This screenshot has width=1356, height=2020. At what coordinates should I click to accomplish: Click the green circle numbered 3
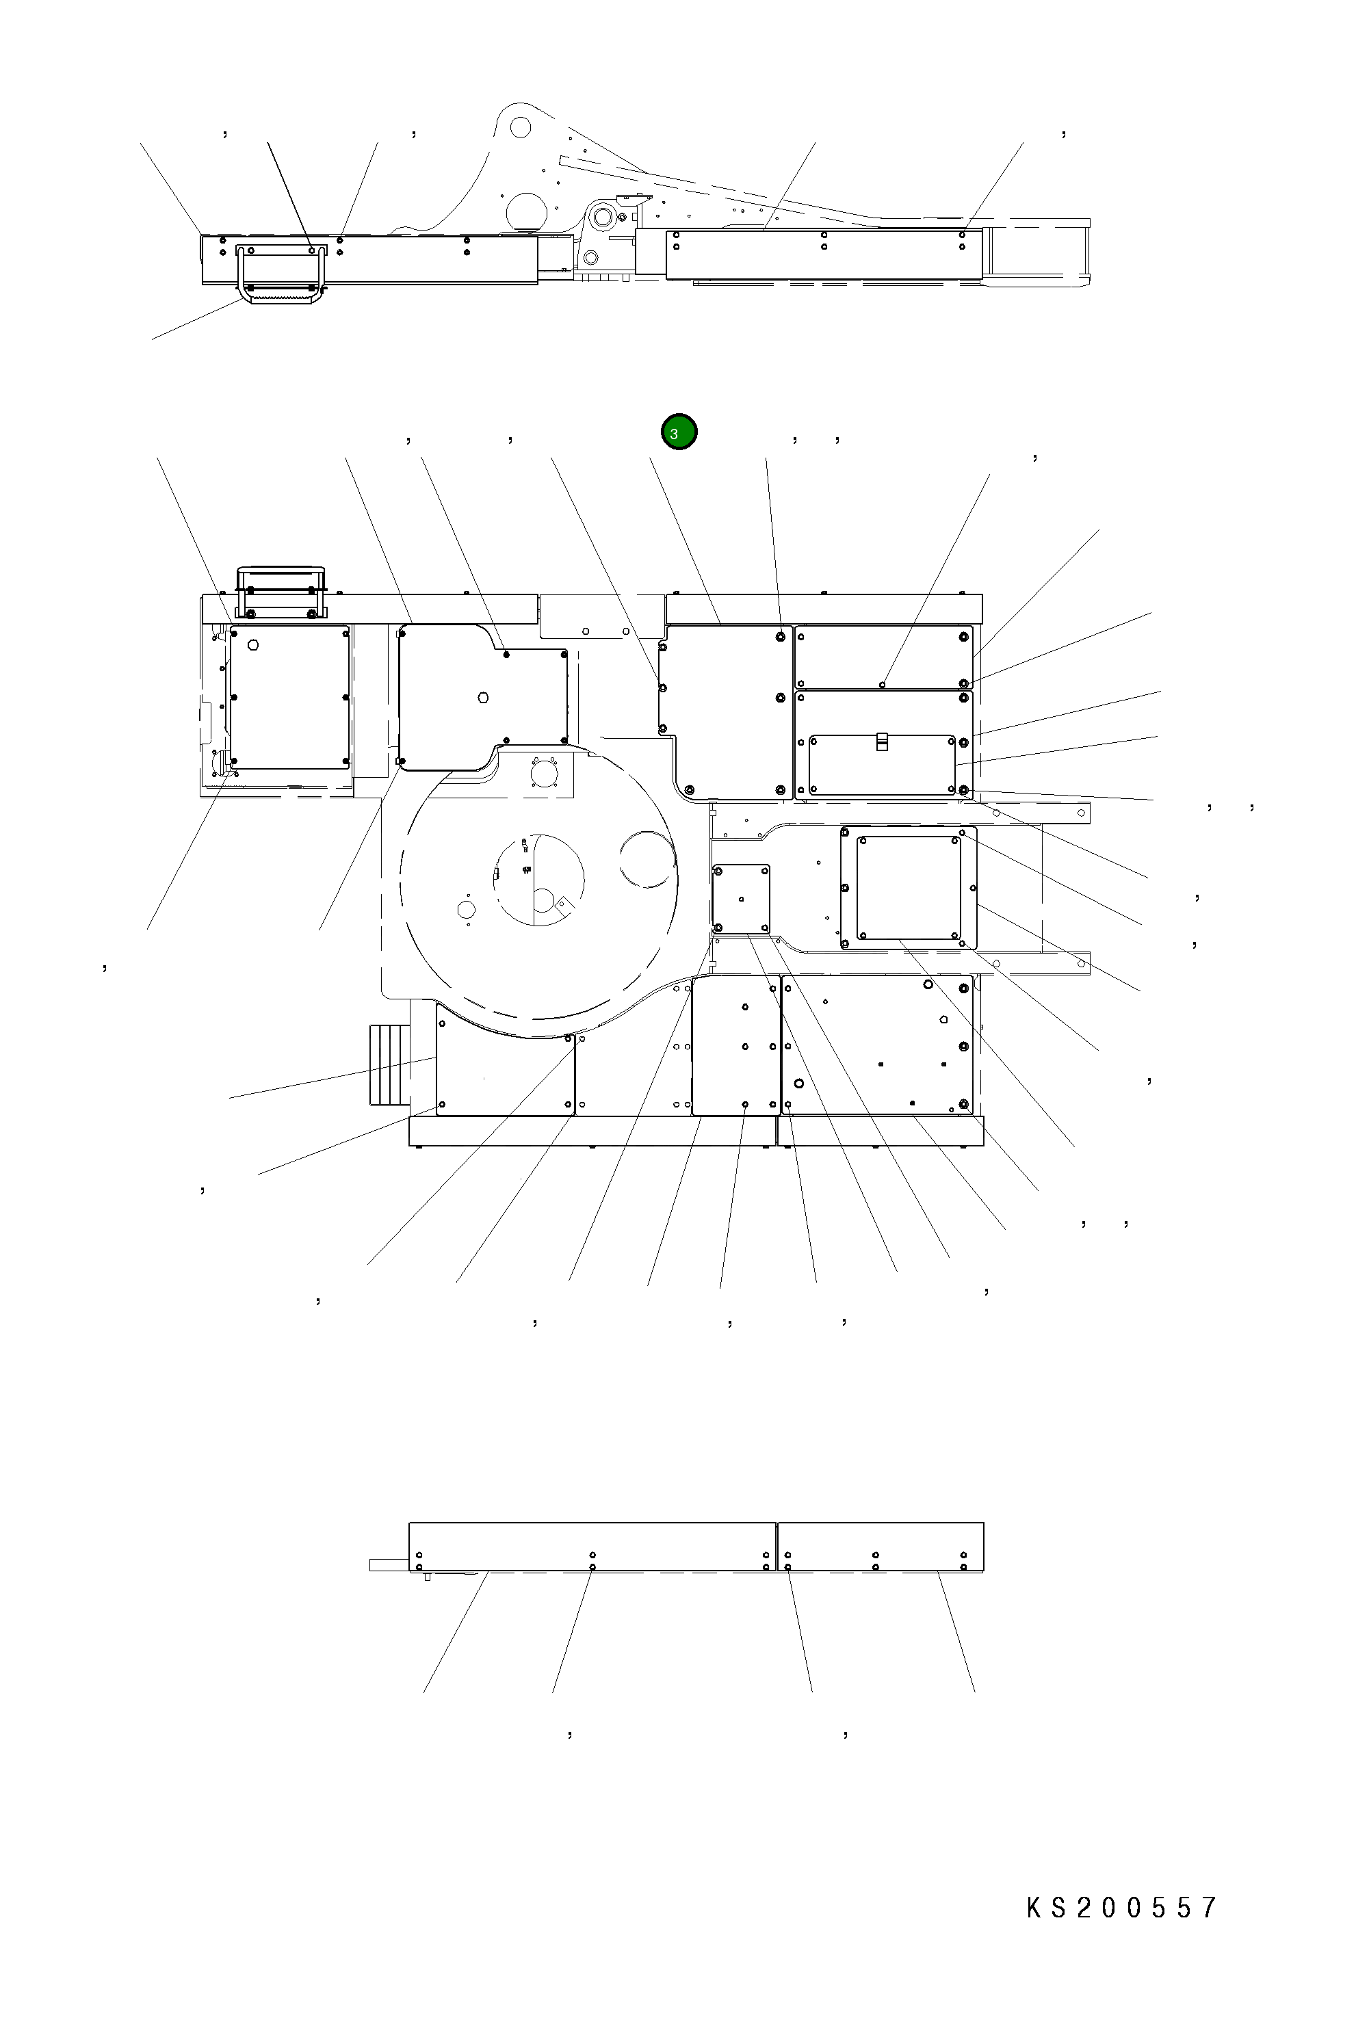[x=679, y=432]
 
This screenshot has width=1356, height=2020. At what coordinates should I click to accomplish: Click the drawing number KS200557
[x=1121, y=1908]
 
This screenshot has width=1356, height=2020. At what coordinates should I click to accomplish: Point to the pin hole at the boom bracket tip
[x=520, y=127]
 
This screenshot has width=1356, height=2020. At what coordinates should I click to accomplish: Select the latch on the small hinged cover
[x=881, y=741]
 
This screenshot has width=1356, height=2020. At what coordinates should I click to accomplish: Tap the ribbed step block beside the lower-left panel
[x=389, y=1064]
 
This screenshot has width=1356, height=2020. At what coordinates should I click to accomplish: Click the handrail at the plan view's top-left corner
[x=281, y=592]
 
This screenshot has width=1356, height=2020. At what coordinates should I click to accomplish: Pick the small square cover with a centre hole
[x=741, y=898]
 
